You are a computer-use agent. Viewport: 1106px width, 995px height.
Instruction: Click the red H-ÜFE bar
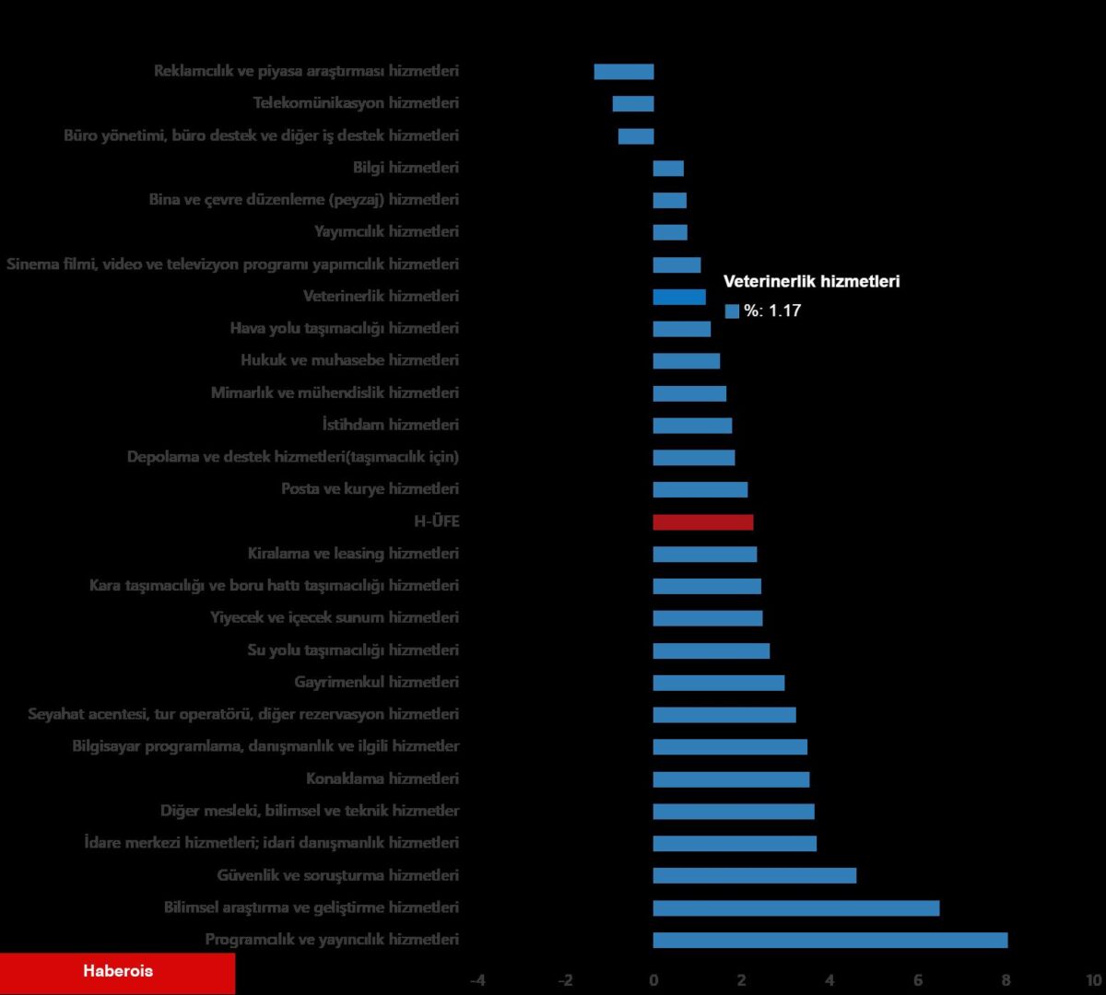click(703, 522)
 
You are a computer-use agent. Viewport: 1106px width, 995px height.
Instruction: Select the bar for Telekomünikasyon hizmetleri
click(633, 104)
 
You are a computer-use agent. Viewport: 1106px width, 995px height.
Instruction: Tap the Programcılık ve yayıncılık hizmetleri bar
click(830, 941)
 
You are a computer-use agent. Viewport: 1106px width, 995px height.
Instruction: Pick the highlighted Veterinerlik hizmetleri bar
click(679, 297)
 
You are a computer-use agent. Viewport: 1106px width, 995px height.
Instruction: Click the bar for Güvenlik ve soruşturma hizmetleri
click(755, 876)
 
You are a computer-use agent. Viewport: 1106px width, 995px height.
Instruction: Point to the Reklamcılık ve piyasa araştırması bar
click(624, 72)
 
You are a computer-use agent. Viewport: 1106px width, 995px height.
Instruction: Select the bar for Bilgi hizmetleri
click(668, 169)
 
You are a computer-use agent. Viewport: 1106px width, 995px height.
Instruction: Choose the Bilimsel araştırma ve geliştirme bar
click(796, 908)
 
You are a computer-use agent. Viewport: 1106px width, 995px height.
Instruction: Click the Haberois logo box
click(118, 972)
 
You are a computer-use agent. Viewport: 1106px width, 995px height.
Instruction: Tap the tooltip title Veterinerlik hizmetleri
click(811, 282)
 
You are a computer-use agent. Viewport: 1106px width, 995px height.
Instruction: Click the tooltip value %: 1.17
click(772, 311)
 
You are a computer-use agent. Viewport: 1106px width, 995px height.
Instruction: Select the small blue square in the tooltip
click(732, 311)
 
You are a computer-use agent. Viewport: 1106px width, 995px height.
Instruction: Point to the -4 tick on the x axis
click(477, 980)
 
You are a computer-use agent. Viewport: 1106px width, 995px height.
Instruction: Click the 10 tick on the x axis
click(1093, 980)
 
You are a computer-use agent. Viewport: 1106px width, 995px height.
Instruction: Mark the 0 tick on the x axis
click(653, 980)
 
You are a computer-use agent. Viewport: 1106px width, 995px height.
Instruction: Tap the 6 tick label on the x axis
click(918, 980)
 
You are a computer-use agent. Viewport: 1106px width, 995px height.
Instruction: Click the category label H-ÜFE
click(436, 522)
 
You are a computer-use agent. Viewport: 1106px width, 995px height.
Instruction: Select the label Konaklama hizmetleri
click(382, 779)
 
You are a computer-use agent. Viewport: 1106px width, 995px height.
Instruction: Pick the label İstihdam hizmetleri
click(391, 426)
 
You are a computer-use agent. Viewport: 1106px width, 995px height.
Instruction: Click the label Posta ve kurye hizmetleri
click(370, 489)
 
